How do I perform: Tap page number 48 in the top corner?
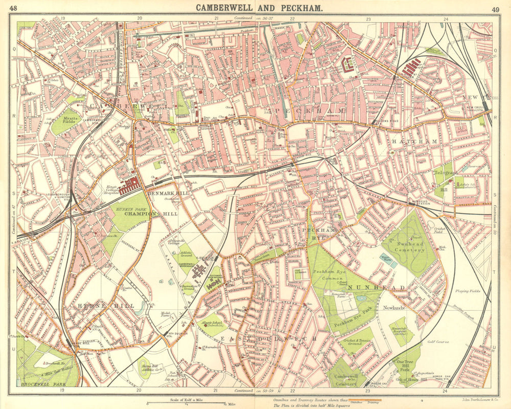click(x=20, y=8)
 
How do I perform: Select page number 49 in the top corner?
click(x=495, y=9)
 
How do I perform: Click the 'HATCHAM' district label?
click(x=407, y=141)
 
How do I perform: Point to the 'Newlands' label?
click(x=394, y=308)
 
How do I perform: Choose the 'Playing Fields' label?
click(x=467, y=291)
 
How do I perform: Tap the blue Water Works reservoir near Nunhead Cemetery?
click(x=388, y=261)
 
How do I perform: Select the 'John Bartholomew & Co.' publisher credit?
click(x=473, y=399)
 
